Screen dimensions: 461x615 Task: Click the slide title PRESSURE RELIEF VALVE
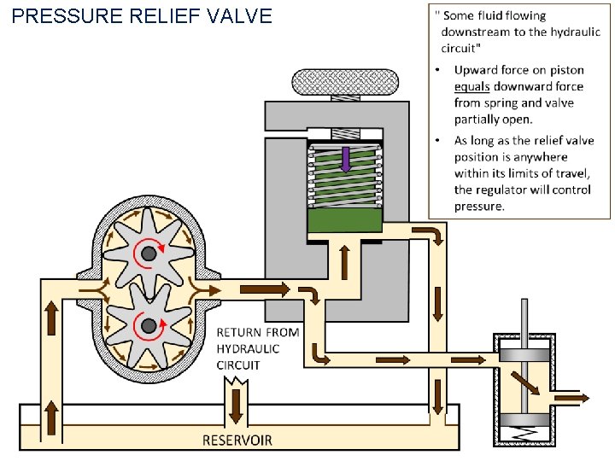(143, 15)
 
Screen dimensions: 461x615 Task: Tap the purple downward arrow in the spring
(345, 160)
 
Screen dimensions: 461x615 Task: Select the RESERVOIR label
(237, 441)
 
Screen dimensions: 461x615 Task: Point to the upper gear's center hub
(149, 253)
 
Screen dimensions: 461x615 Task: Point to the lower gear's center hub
(149, 325)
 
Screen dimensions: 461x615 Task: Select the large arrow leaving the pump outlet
(265, 290)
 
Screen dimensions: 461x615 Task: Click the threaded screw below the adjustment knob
(345, 134)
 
